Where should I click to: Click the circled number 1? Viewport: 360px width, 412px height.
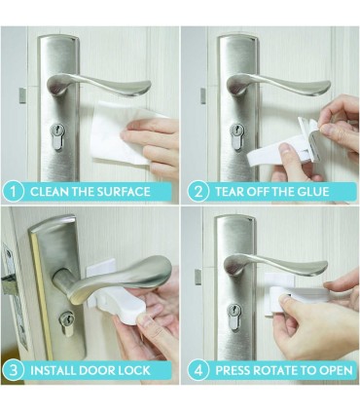click(13, 192)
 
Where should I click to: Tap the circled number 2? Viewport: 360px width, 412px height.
click(198, 192)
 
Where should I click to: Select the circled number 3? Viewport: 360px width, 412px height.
click(13, 370)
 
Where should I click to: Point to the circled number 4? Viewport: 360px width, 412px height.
click(198, 370)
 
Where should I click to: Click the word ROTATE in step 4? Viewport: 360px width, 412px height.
click(278, 370)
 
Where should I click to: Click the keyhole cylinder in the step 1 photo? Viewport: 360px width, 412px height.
click(57, 136)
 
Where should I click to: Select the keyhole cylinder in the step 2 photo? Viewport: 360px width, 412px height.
click(236, 136)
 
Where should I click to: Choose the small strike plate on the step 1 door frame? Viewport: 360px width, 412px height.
click(22, 95)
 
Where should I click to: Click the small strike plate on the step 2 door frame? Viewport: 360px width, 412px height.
click(203, 96)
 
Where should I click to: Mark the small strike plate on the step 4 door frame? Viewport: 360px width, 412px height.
click(198, 277)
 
